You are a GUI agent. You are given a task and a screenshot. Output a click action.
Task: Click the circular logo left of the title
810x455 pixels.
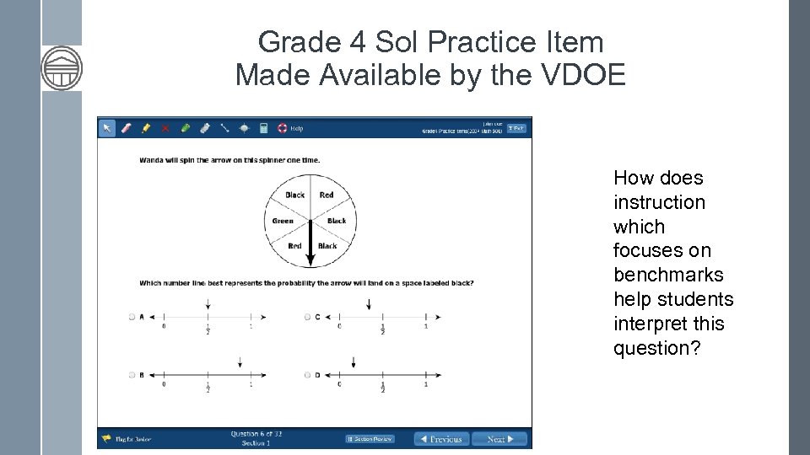coord(62,68)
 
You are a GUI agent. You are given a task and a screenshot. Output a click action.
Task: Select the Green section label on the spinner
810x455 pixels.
coord(283,221)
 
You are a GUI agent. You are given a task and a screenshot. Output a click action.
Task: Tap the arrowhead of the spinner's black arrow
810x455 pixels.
coord(310,259)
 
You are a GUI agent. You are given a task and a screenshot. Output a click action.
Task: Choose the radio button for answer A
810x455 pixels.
coord(132,317)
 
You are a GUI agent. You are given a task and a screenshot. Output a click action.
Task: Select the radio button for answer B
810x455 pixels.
coord(132,375)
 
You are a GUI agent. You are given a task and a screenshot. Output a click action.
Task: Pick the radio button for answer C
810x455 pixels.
coord(307,317)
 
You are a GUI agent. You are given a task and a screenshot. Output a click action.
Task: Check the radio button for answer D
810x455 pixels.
coord(307,375)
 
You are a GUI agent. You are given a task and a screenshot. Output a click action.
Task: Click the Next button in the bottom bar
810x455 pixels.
coord(499,439)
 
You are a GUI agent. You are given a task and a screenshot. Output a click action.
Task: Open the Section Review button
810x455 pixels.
coord(370,439)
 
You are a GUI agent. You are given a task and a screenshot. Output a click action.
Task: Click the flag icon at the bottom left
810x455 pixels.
coord(107,439)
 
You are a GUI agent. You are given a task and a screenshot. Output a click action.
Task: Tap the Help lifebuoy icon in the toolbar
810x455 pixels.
coord(283,128)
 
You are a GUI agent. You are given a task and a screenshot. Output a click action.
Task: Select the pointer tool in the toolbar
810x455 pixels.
coord(107,128)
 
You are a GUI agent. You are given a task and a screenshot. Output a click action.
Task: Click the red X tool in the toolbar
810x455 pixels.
coord(165,128)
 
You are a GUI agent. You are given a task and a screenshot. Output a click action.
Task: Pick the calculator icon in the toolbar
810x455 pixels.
coord(263,128)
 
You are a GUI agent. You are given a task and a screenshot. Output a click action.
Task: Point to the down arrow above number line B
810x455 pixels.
coord(240,362)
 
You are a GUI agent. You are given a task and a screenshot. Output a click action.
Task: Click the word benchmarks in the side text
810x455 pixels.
coord(668,275)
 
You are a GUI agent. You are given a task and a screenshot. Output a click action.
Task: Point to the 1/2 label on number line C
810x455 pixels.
coord(382,329)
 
